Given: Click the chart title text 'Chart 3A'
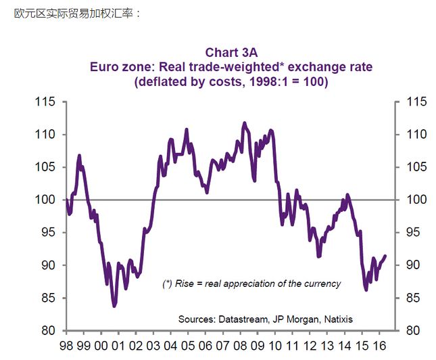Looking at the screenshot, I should pyautogui.click(x=231, y=52).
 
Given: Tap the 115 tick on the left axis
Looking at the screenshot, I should pyautogui.click(x=45, y=102).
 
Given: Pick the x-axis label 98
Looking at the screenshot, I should pyautogui.click(x=67, y=345).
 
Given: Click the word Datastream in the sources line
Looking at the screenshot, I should pyautogui.click(x=242, y=319).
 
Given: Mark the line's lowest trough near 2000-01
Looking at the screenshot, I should pyautogui.click(x=114, y=306).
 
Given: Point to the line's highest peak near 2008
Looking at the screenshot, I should pyautogui.click(x=245, y=122).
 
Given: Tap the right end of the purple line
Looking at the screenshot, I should pyautogui.click(x=385, y=256).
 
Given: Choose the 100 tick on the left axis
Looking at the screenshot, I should pyautogui.click(x=45, y=200).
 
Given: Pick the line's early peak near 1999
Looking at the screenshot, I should pyautogui.click(x=79, y=156).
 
